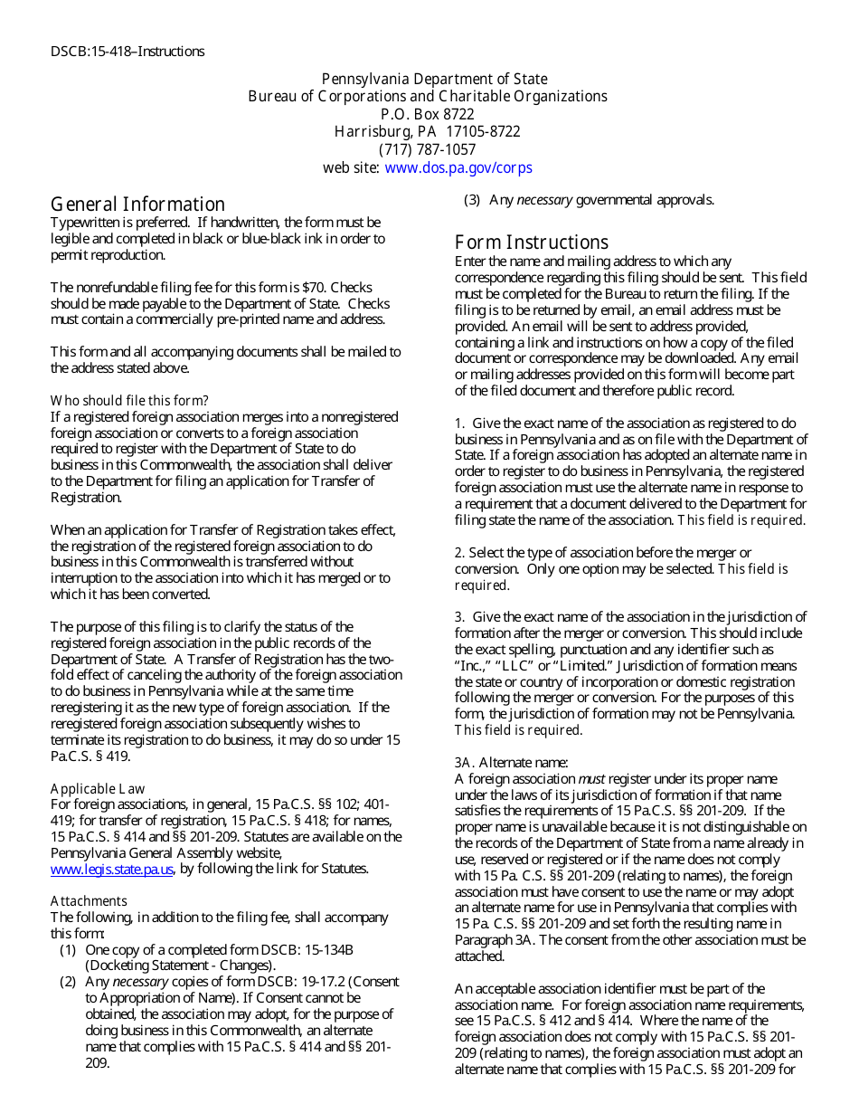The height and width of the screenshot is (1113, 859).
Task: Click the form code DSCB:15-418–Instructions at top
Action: (x=127, y=52)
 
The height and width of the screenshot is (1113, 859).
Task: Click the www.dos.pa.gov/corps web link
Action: (x=458, y=167)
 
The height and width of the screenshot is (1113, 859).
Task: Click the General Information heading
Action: (x=137, y=205)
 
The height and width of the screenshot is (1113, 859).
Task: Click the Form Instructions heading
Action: (x=532, y=243)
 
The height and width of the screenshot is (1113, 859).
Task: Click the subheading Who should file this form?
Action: (x=129, y=401)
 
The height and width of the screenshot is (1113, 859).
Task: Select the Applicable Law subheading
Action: (x=98, y=789)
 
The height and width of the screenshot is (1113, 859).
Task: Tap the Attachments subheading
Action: (x=89, y=901)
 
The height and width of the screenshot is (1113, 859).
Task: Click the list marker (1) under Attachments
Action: (x=68, y=949)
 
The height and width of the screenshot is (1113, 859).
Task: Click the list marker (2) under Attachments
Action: (x=68, y=982)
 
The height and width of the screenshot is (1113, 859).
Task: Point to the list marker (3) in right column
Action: (x=472, y=200)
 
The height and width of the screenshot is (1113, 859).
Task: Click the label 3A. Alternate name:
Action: (x=512, y=763)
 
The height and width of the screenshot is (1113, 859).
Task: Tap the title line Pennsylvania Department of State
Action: (x=435, y=80)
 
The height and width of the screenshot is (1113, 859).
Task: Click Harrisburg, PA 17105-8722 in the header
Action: (x=428, y=132)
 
